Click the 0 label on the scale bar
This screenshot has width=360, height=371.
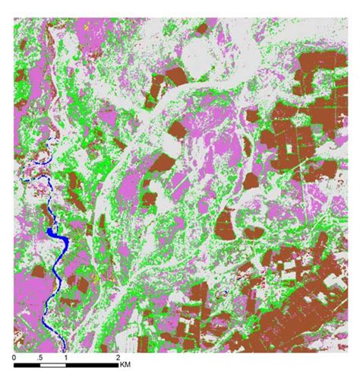tap(15, 357)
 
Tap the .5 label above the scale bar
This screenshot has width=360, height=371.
tap(40, 357)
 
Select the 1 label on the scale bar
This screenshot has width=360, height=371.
tap(66, 357)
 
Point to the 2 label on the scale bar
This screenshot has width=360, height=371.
tap(117, 357)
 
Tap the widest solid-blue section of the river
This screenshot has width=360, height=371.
tap(58, 243)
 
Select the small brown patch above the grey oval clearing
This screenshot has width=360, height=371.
tap(201, 29)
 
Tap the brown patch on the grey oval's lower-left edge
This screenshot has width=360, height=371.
tap(175, 75)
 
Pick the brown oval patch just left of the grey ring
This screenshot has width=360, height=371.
tap(225, 224)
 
